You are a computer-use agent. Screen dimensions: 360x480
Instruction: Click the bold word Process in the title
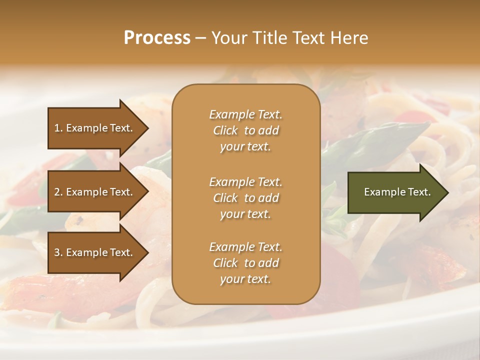click(157, 38)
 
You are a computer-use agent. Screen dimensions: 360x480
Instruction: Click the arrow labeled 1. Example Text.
click(95, 128)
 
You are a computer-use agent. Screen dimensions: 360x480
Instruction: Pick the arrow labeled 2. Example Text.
click(95, 192)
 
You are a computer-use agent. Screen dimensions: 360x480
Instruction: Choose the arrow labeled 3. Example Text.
click(95, 252)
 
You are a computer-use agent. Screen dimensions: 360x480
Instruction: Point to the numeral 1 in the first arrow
click(57, 128)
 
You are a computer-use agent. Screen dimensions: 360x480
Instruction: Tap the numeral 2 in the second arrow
click(57, 192)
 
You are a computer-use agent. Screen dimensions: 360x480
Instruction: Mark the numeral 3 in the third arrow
click(57, 252)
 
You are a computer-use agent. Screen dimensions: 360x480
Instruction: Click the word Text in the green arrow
click(419, 192)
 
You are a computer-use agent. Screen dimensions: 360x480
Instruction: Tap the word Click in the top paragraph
click(225, 130)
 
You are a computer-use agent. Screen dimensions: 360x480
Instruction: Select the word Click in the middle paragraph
click(225, 198)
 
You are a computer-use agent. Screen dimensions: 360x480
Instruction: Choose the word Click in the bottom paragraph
click(225, 263)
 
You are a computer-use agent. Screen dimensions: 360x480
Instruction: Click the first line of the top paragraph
click(245, 114)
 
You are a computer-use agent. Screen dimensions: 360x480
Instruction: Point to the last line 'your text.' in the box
click(245, 279)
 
